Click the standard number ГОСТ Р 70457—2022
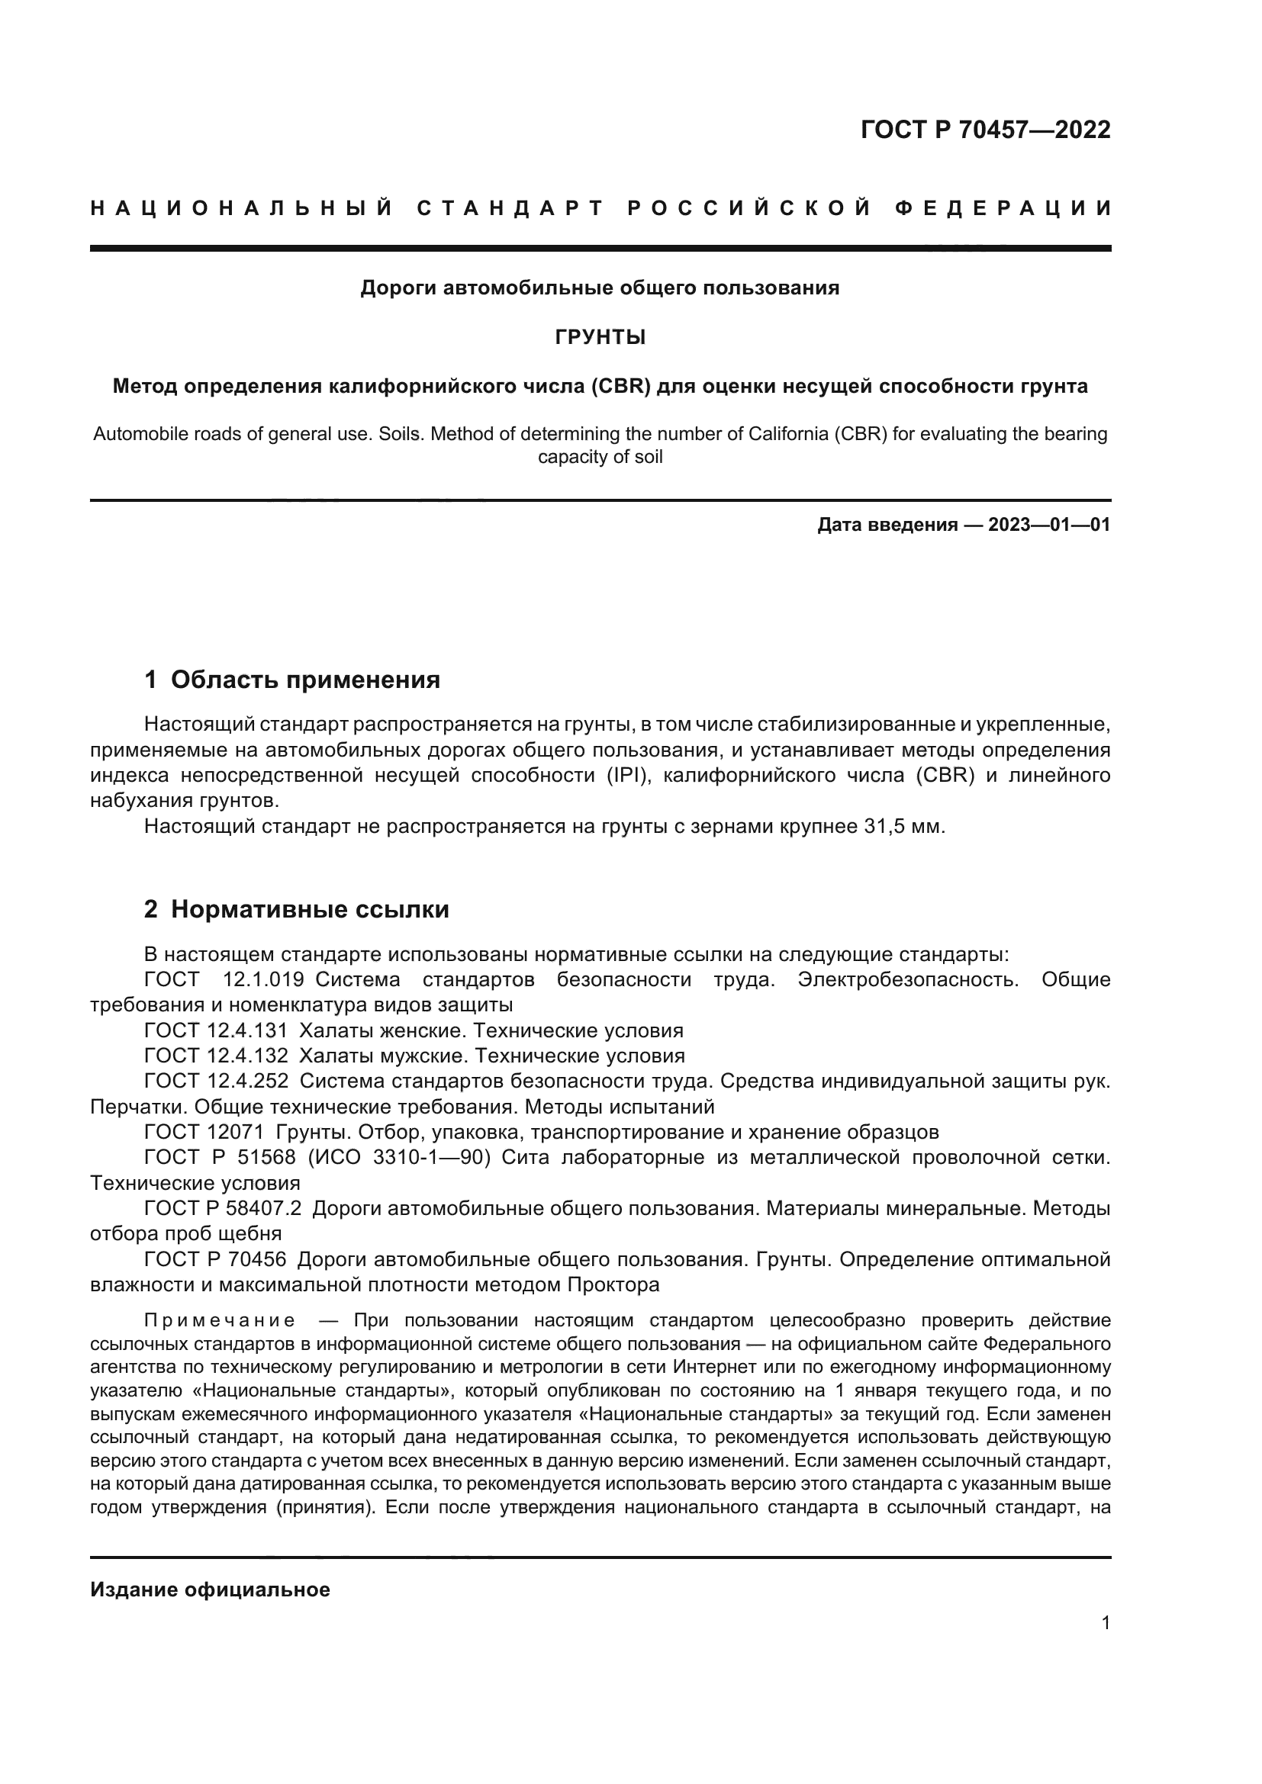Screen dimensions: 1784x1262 984,130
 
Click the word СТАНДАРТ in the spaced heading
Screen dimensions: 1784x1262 510,208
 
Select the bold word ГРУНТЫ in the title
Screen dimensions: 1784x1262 600,337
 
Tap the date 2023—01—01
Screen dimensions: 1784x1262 1048,525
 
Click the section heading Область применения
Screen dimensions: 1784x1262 304,680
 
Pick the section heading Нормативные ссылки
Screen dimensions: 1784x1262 309,909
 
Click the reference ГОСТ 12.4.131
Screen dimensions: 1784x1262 215,1031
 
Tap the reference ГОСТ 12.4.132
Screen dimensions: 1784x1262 215,1056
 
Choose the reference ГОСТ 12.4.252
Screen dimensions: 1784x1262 215,1081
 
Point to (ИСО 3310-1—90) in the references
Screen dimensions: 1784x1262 399,1157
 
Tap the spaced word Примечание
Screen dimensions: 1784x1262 219,1321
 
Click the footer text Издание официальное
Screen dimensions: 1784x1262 210,1590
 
